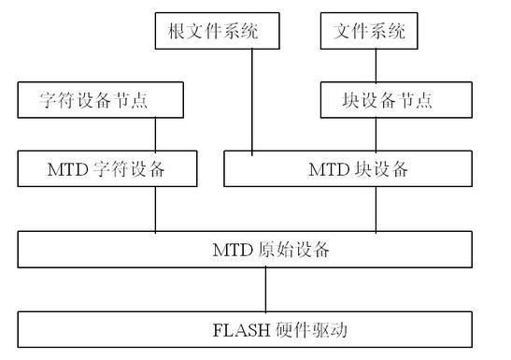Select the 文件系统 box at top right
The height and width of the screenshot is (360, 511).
click(x=369, y=33)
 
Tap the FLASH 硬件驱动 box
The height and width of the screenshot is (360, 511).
click(x=264, y=328)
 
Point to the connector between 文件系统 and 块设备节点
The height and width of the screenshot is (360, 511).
click(x=376, y=66)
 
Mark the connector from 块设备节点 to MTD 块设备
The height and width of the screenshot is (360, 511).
click(x=376, y=136)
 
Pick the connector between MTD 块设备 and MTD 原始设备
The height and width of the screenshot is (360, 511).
click(x=376, y=209)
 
